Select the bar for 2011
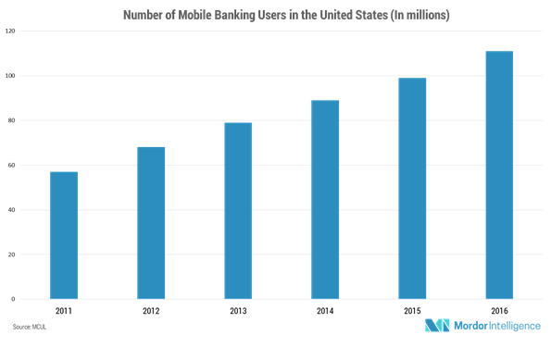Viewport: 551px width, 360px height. click(64, 235)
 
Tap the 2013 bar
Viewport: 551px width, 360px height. click(238, 210)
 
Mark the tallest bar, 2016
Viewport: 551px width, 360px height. click(499, 175)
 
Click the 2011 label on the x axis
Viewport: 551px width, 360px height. click(64, 312)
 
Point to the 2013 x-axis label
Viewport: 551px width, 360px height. click(238, 312)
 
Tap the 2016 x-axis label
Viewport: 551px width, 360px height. click(499, 312)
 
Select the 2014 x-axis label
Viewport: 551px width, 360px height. click(325, 312)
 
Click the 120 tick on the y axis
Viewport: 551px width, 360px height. click(10, 31)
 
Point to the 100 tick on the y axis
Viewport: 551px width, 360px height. click(10, 76)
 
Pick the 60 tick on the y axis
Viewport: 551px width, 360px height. click(11, 165)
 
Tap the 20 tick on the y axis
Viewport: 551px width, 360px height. click(11, 254)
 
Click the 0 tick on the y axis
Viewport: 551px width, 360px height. click(13, 299)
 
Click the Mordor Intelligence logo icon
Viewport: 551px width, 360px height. click(438, 326)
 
